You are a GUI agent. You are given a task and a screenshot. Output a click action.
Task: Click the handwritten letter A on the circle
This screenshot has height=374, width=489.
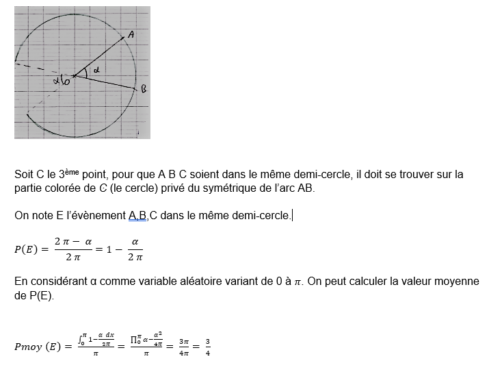(131, 34)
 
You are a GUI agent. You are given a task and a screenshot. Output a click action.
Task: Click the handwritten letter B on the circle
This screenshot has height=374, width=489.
(143, 89)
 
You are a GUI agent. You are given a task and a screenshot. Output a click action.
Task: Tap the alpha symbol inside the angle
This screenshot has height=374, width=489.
(96, 69)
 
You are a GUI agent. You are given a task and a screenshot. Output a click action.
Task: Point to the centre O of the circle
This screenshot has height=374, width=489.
(73, 76)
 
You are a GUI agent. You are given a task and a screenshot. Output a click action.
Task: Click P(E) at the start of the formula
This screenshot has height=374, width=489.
(27, 249)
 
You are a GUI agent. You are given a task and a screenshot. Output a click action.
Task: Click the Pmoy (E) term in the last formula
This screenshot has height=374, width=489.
(39, 347)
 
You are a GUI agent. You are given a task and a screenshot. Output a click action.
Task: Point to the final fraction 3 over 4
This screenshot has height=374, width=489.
(208, 347)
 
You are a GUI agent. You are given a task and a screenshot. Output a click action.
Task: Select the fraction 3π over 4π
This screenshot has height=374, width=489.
(184, 347)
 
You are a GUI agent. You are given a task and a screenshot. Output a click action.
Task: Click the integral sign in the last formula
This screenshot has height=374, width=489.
(81, 339)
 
